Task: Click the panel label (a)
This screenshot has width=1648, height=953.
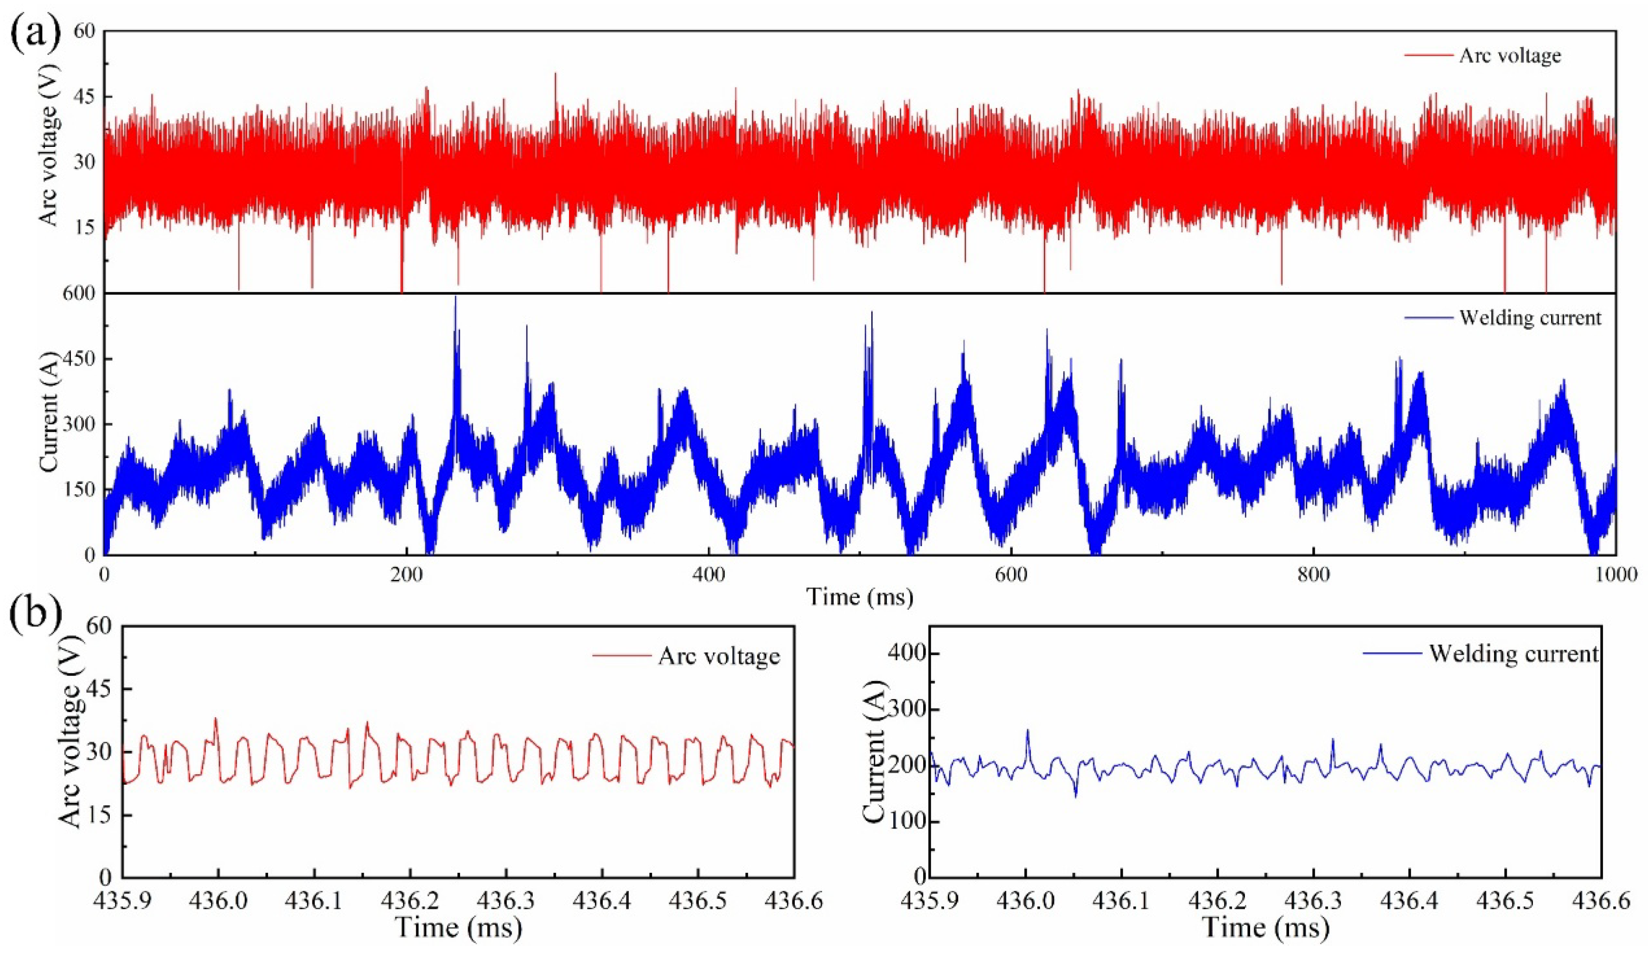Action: point(36,31)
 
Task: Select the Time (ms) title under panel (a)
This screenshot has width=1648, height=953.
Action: point(858,597)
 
